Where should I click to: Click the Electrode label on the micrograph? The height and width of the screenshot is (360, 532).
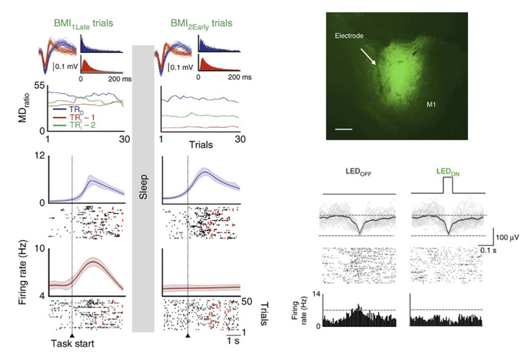pyautogui.click(x=348, y=36)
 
